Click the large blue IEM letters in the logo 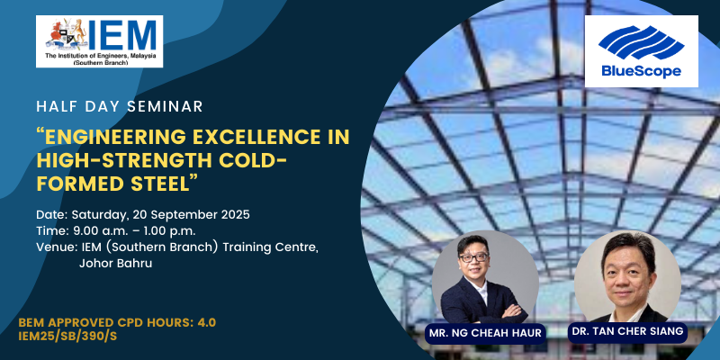click(x=122, y=35)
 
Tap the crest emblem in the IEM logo click(x=66, y=35)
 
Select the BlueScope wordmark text click(x=642, y=71)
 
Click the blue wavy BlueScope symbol click(x=641, y=42)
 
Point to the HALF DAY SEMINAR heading click(x=120, y=106)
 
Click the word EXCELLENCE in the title click(x=243, y=137)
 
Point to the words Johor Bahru click(x=116, y=264)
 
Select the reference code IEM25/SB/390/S click(x=67, y=336)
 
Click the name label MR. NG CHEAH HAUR click(x=485, y=332)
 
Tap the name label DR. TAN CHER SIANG click(x=626, y=331)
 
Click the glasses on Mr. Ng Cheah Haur click(x=473, y=257)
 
